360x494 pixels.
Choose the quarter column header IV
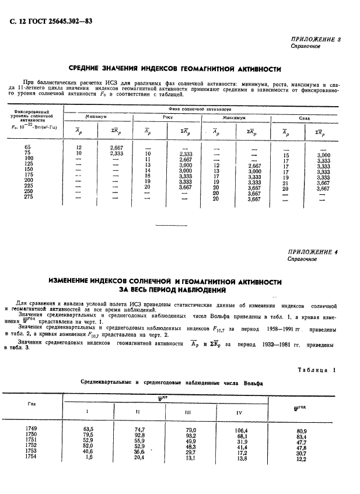coord(239,413)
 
